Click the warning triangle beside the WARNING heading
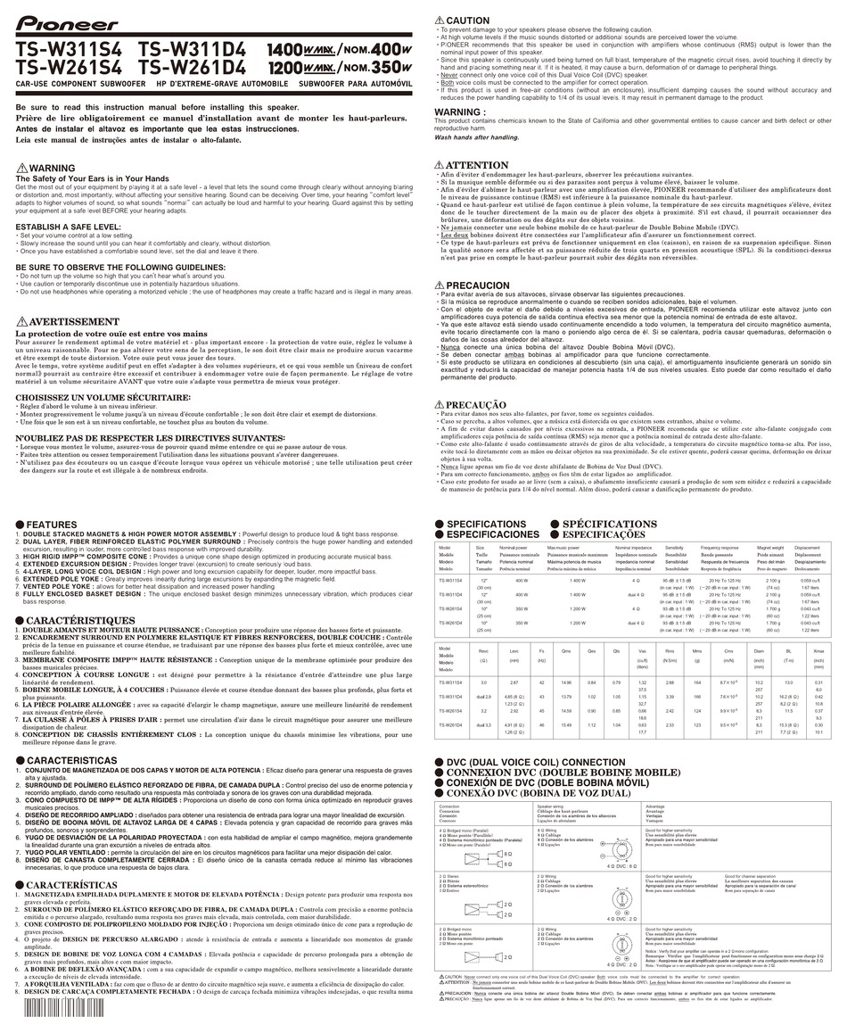pyautogui.click(x=21, y=169)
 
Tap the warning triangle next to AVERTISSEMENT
pyautogui.click(x=21, y=322)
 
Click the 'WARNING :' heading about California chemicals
pyautogui.click(x=458, y=112)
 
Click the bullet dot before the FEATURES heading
pyautogui.click(x=20, y=525)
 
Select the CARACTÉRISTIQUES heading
pyautogui.click(x=80, y=620)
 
